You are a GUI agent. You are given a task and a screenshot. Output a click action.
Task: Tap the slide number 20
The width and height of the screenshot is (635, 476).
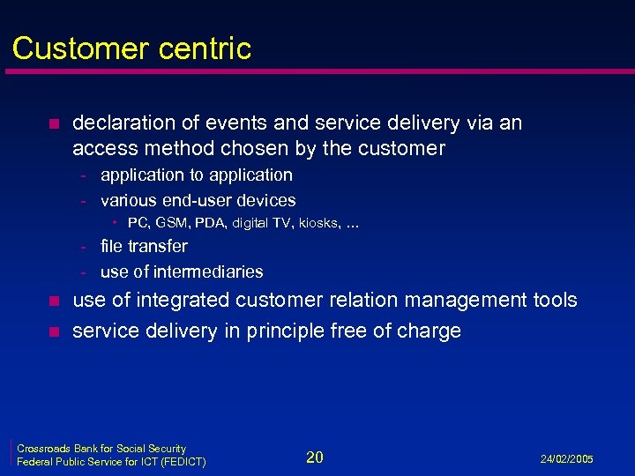click(315, 457)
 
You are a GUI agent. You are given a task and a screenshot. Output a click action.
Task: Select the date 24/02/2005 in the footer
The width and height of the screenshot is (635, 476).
click(566, 459)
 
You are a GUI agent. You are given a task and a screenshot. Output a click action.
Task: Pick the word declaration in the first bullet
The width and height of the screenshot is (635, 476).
click(123, 123)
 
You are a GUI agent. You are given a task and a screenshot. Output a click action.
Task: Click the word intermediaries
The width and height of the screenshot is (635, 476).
click(213, 271)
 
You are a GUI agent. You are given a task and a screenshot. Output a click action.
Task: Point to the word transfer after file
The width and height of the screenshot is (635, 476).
click(157, 246)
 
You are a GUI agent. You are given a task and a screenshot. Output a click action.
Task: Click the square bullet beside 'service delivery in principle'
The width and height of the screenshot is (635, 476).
click(52, 332)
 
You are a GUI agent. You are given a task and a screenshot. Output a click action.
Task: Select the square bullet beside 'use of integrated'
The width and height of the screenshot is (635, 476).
click(52, 301)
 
